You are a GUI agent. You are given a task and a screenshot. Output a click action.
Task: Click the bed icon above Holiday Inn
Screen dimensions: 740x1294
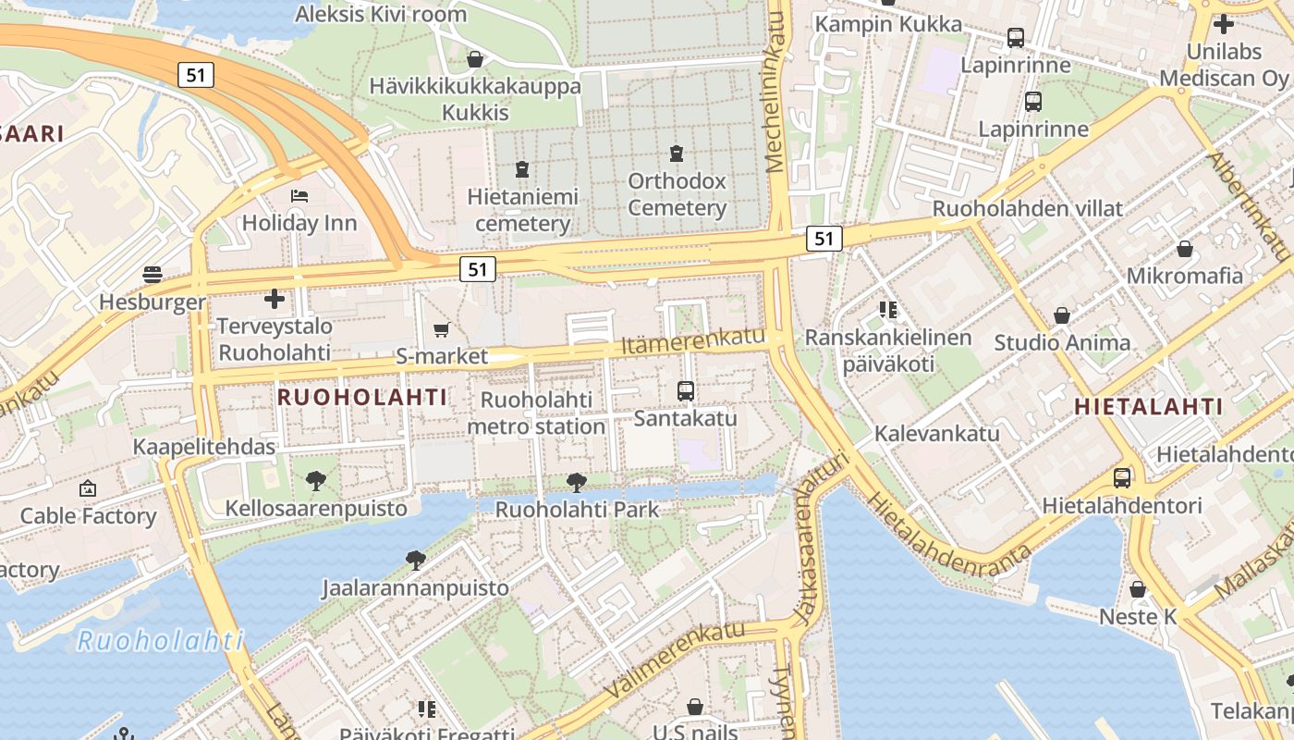click(299, 196)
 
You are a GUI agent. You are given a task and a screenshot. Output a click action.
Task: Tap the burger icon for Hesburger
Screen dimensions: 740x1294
click(153, 275)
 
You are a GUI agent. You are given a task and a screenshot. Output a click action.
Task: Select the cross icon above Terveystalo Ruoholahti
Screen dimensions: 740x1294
click(275, 299)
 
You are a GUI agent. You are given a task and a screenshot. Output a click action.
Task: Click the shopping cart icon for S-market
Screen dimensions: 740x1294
click(442, 329)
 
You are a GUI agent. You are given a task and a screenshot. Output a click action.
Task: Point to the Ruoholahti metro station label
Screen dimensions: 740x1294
click(536, 413)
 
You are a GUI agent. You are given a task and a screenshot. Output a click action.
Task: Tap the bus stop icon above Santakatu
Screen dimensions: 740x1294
click(685, 391)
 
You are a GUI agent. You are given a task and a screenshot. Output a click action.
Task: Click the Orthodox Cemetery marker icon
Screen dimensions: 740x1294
click(677, 154)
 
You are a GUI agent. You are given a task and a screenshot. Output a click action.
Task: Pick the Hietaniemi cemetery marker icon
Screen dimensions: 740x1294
click(522, 169)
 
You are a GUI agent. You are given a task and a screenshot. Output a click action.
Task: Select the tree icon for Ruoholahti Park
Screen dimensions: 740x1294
click(577, 482)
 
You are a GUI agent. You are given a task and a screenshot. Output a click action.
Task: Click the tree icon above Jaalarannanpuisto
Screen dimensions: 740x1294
click(415, 560)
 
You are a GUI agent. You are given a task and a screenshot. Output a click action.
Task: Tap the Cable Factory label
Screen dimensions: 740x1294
click(89, 516)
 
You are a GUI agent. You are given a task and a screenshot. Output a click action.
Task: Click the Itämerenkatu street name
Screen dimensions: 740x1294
click(693, 340)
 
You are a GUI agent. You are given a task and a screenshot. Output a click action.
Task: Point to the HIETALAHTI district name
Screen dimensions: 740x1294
click(1149, 406)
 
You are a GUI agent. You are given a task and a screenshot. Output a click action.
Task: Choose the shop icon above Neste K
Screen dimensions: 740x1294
click(1138, 589)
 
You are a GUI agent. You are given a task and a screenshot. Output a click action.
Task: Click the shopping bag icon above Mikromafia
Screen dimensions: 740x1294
click(1184, 249)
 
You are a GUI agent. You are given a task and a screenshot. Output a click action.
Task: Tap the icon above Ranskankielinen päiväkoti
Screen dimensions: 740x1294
click(888, 310)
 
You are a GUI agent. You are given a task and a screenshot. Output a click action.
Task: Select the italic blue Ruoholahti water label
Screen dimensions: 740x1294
click(160, 640)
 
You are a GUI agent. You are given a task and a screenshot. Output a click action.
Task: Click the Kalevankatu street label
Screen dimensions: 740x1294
click(937, 433)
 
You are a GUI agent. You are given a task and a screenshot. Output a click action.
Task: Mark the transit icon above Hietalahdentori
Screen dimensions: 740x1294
click(1122, 478)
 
